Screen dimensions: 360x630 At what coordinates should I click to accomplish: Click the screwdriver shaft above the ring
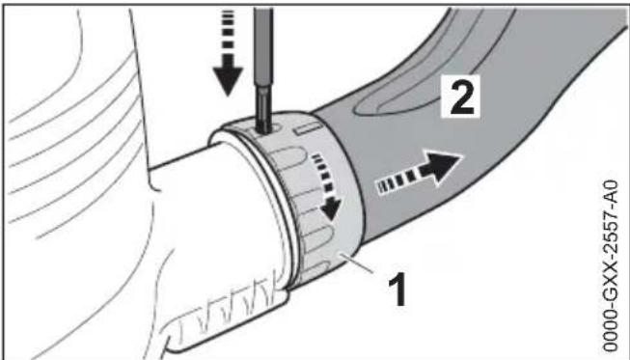261,58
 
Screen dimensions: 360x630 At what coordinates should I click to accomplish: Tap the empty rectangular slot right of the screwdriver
307,125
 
